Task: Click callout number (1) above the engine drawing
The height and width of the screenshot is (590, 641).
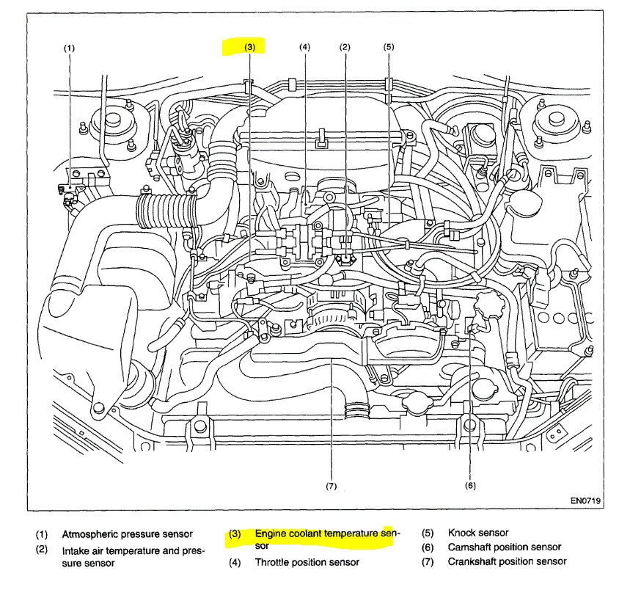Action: pyautogui.click(x=69, y=48)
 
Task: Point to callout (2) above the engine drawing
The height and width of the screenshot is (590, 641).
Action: pyautogui.click(x=345, y=47)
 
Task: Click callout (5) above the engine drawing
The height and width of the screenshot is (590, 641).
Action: pyautogui.click(x=389, y=47)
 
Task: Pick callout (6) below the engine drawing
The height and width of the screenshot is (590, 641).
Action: pyautogui.click(x=470, y=484)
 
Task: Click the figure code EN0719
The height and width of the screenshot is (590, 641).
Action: pyautogui.click(x=585, y=502)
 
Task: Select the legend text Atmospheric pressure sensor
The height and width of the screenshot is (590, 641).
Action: pyautogui.click(x=127, y=534)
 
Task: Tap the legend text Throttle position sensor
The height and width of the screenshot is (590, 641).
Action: pyautogui.click(x=307, y=562)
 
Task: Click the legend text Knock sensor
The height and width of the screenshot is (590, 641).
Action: pyautogui.click(x=478, y=533)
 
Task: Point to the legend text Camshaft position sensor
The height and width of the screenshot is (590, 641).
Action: pyautogui.click(x=505, y=547)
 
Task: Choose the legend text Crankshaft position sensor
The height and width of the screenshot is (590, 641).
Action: pyautogui.click(x=507, y=561)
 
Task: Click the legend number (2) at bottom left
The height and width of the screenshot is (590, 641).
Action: pyautogui.click(x=42, y=548)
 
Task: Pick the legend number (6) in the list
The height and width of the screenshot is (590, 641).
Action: pyautogui.click(x=428, y=547)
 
